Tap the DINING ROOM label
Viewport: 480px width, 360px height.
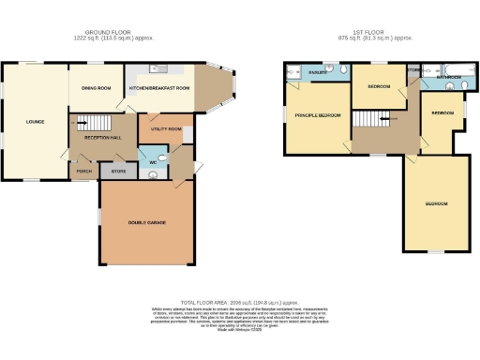[97, 88]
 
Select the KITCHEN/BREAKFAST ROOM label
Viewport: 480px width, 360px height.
[159, 88]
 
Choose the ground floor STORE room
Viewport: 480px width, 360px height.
[118, 172]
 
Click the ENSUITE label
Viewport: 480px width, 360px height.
[318, 69]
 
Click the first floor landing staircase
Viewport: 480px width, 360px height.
[370, 119]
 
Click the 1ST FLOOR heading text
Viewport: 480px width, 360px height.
[376, 33]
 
